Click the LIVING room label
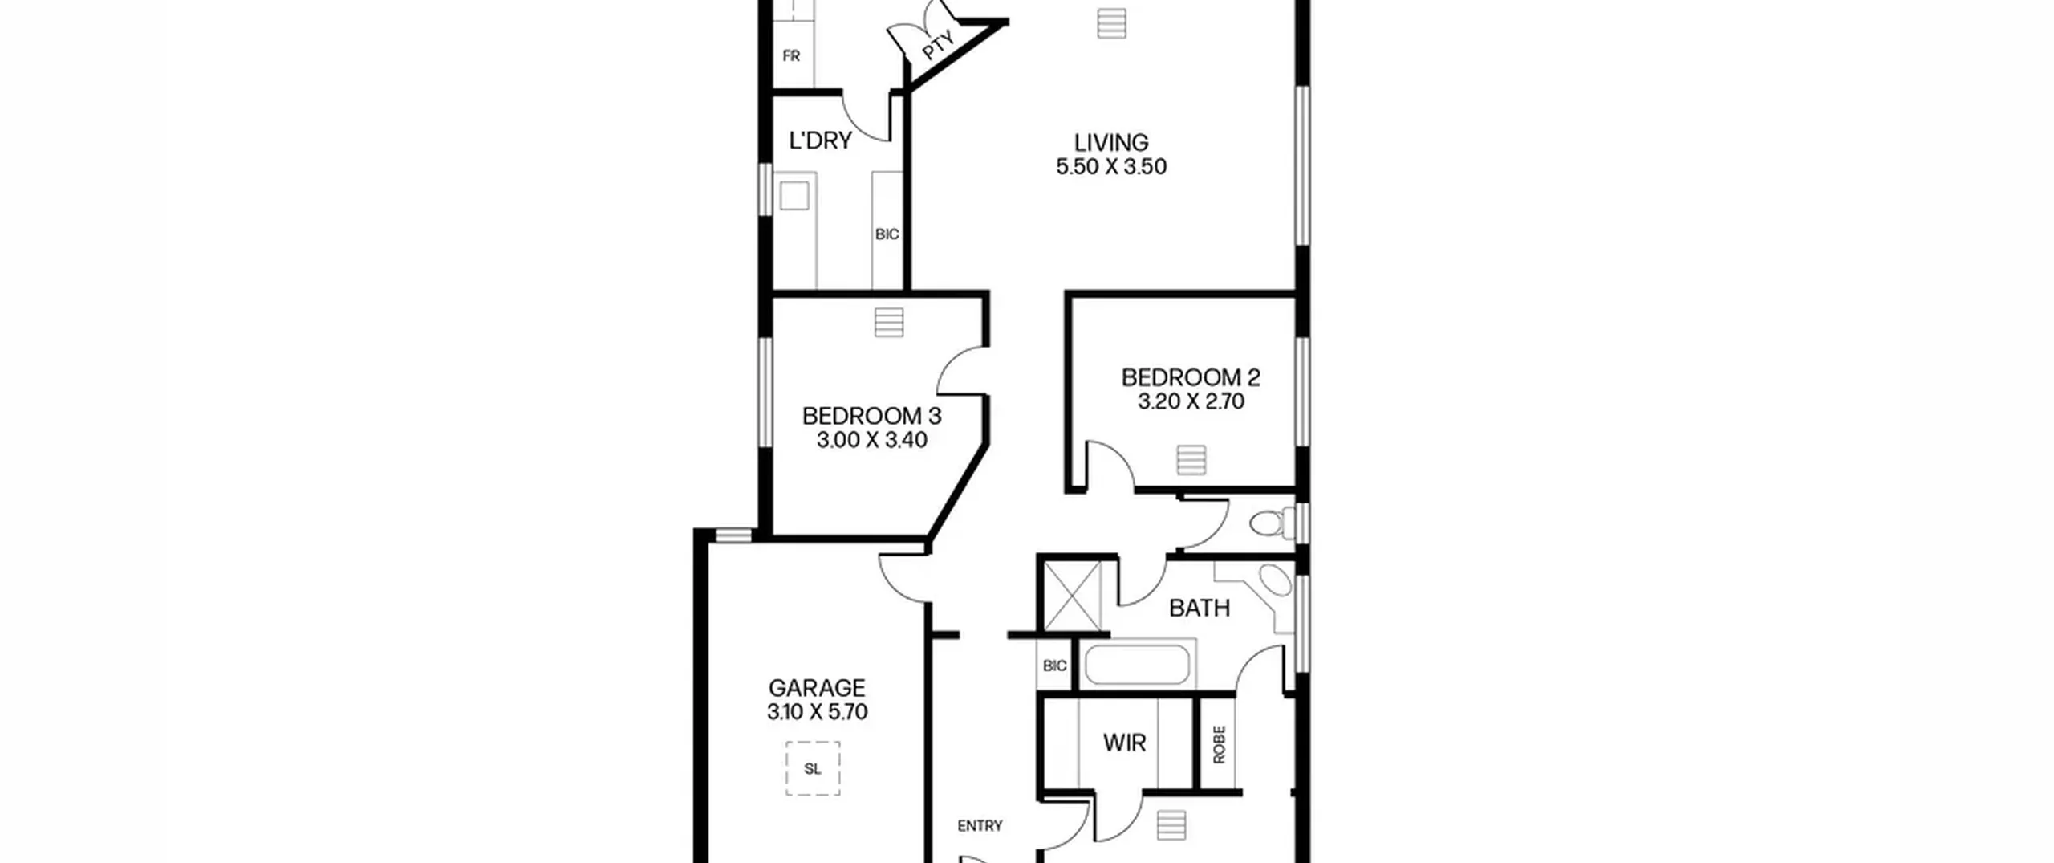(1111, 143)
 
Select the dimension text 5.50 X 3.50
(1111, 167)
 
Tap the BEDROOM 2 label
(1191, 377)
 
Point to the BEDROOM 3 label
(871, 416)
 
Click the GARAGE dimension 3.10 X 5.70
(817, 712)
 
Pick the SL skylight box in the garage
(813, 768)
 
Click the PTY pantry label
(937, 46)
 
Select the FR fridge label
(791, 56)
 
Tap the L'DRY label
(820, 140)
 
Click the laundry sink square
(794, 196)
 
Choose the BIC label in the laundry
(887, 234)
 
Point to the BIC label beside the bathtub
(1054, 666)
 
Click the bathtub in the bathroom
(1137, 665)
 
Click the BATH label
(1200, 609)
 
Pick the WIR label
(1124, 743)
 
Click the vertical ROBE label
(1219, 744)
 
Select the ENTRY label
(980, 826)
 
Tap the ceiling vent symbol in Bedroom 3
(889, 323)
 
